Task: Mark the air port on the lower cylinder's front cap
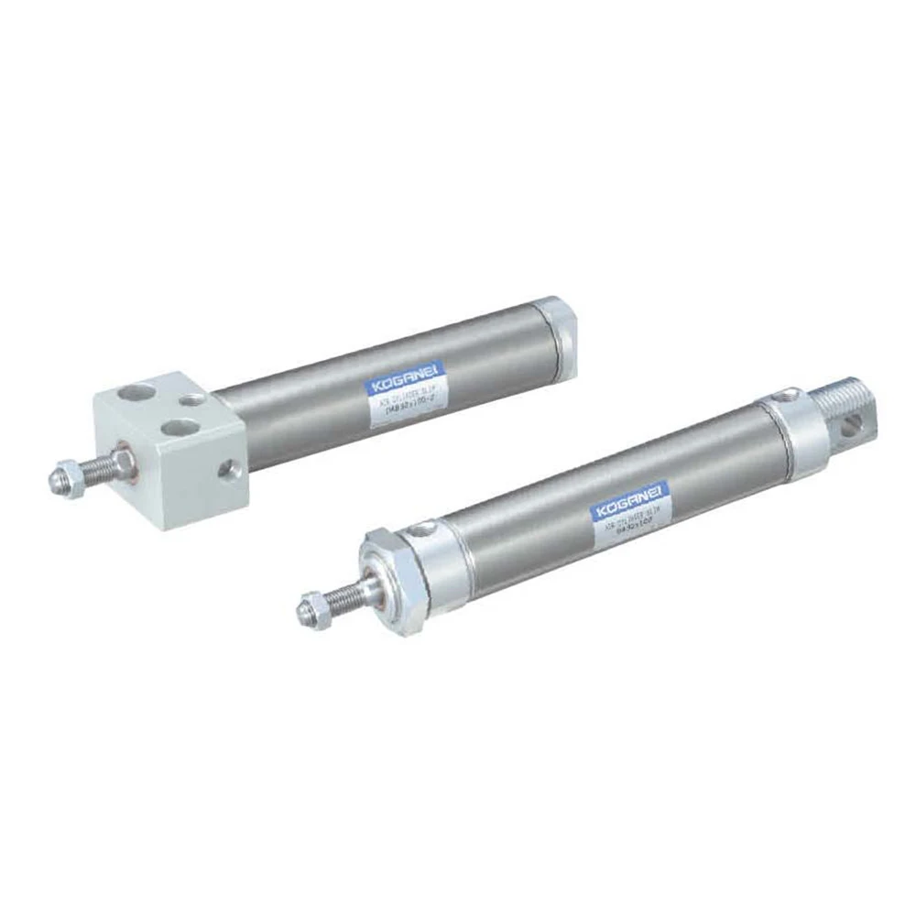click(426, 529)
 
